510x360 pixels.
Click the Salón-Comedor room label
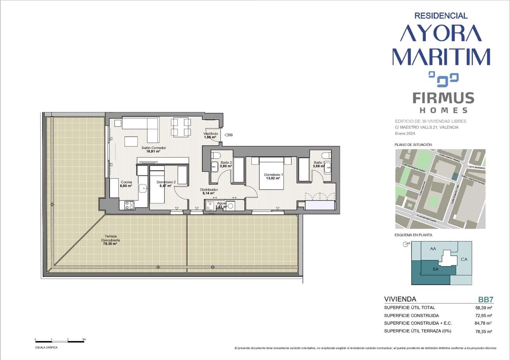point(154,149)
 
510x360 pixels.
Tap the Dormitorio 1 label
point(273,176)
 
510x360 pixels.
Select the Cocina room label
point(126,184)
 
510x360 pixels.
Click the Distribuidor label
point(209,191)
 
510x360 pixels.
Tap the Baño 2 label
point(226,164)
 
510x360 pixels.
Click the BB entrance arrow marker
point(228,135)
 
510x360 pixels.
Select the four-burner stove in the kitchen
point(129,205)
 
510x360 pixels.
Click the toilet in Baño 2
point(216,156)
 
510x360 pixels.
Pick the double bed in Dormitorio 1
point(271,174)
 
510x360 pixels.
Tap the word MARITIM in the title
point(441,57)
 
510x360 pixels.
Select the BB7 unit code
point(485,299)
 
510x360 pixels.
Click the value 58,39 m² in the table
point(484,308)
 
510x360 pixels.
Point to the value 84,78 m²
point(483,323)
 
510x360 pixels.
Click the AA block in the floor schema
point(433,249)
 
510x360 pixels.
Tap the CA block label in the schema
point(464,259)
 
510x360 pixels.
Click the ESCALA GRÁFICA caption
point(47,348)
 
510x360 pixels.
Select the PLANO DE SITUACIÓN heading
point(413,145)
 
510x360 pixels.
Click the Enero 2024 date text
point(405,133)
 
